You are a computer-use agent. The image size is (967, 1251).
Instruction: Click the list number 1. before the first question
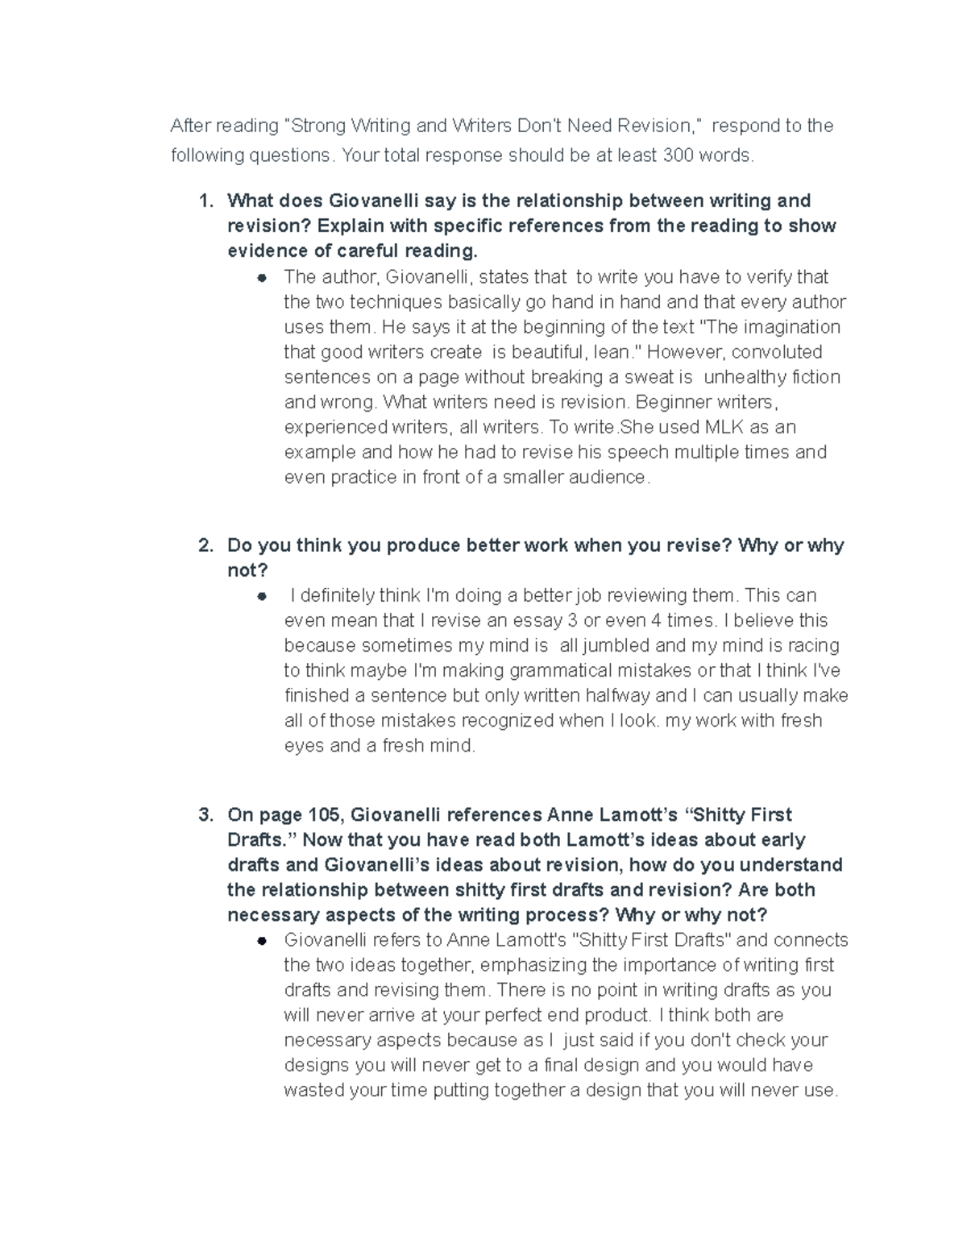point(206,201)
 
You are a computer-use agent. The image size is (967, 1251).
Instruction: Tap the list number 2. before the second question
point(206,545)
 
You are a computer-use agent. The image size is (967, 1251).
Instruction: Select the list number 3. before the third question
point(206,814)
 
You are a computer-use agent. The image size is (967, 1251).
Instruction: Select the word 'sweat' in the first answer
point(649,377)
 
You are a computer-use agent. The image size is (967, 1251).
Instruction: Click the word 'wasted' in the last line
point(314,1091)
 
